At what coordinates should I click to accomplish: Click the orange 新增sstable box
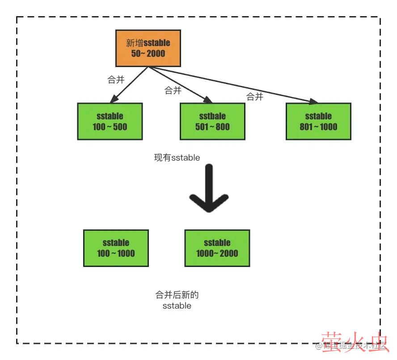[x=148, y=48]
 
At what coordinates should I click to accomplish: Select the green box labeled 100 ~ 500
[x=110, y=121]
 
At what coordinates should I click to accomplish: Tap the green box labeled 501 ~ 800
[x=212, y=121]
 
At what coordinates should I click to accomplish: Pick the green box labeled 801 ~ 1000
[x=318, y=121]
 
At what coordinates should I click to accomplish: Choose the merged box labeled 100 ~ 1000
[x=116, y=248]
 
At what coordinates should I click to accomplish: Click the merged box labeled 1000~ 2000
[x=217, y=248]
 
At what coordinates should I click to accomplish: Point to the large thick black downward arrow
[x=209, y=190]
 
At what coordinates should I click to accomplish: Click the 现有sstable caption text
[x=177, y=158]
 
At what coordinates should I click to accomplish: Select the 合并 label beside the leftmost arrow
[x=116, y=80]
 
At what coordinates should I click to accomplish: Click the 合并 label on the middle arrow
[x=173, y=90]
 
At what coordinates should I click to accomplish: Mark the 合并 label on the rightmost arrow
[x=255, y=97]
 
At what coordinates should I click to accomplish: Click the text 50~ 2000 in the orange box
[x=148, y=54]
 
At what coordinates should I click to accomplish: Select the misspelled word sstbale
[x=212, y=116]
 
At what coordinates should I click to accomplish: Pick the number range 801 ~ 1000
[x=318, y=127]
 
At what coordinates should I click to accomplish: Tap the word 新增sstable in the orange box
[x=148, y=43]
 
